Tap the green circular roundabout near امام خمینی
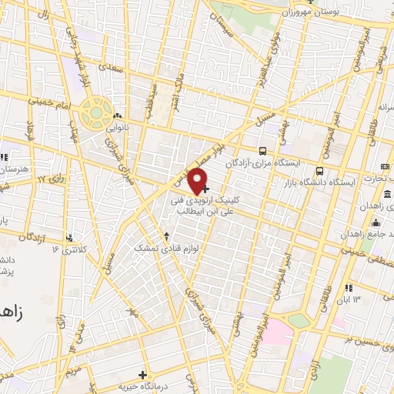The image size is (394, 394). click(95, 115)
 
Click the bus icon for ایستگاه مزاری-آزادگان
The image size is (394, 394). click(264, 152)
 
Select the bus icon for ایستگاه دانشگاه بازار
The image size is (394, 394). click(319, 172)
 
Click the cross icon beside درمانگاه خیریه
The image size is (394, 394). click(142, 374)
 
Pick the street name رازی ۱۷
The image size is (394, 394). click(32, 179)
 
